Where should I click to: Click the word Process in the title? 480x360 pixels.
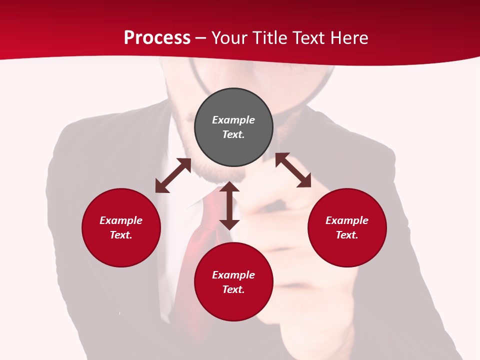pos(157,38)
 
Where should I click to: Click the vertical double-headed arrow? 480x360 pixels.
pos(229,206)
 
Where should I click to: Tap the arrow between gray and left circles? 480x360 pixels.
pos(173,175)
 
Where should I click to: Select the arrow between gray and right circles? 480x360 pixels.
pos(293,170)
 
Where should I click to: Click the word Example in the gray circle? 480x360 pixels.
pos(233,120)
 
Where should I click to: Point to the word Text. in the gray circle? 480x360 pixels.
pos(233,134)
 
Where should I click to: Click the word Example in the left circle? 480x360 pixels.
pos(121,220)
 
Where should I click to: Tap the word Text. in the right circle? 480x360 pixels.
pos(347,235)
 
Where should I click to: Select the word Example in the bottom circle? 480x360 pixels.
pos(233,275)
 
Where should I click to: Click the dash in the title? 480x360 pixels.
pos(201,38)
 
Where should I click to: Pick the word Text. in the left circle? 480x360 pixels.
pos(121,235)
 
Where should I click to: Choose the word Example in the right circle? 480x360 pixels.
pos(347,220)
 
